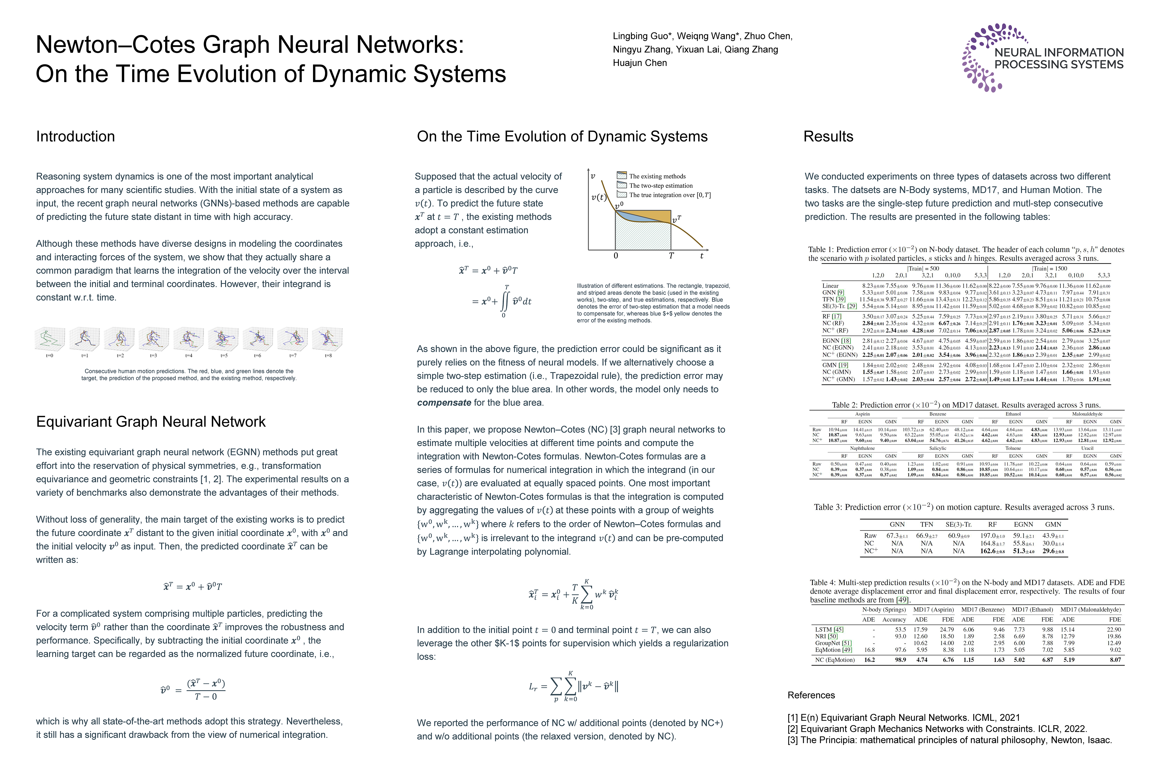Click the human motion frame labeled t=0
click(49, 339)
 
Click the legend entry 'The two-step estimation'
click(660, 185)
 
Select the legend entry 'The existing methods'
click(657, 176)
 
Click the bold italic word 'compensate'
click(444, 403)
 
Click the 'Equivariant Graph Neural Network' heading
click(151, 422)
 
